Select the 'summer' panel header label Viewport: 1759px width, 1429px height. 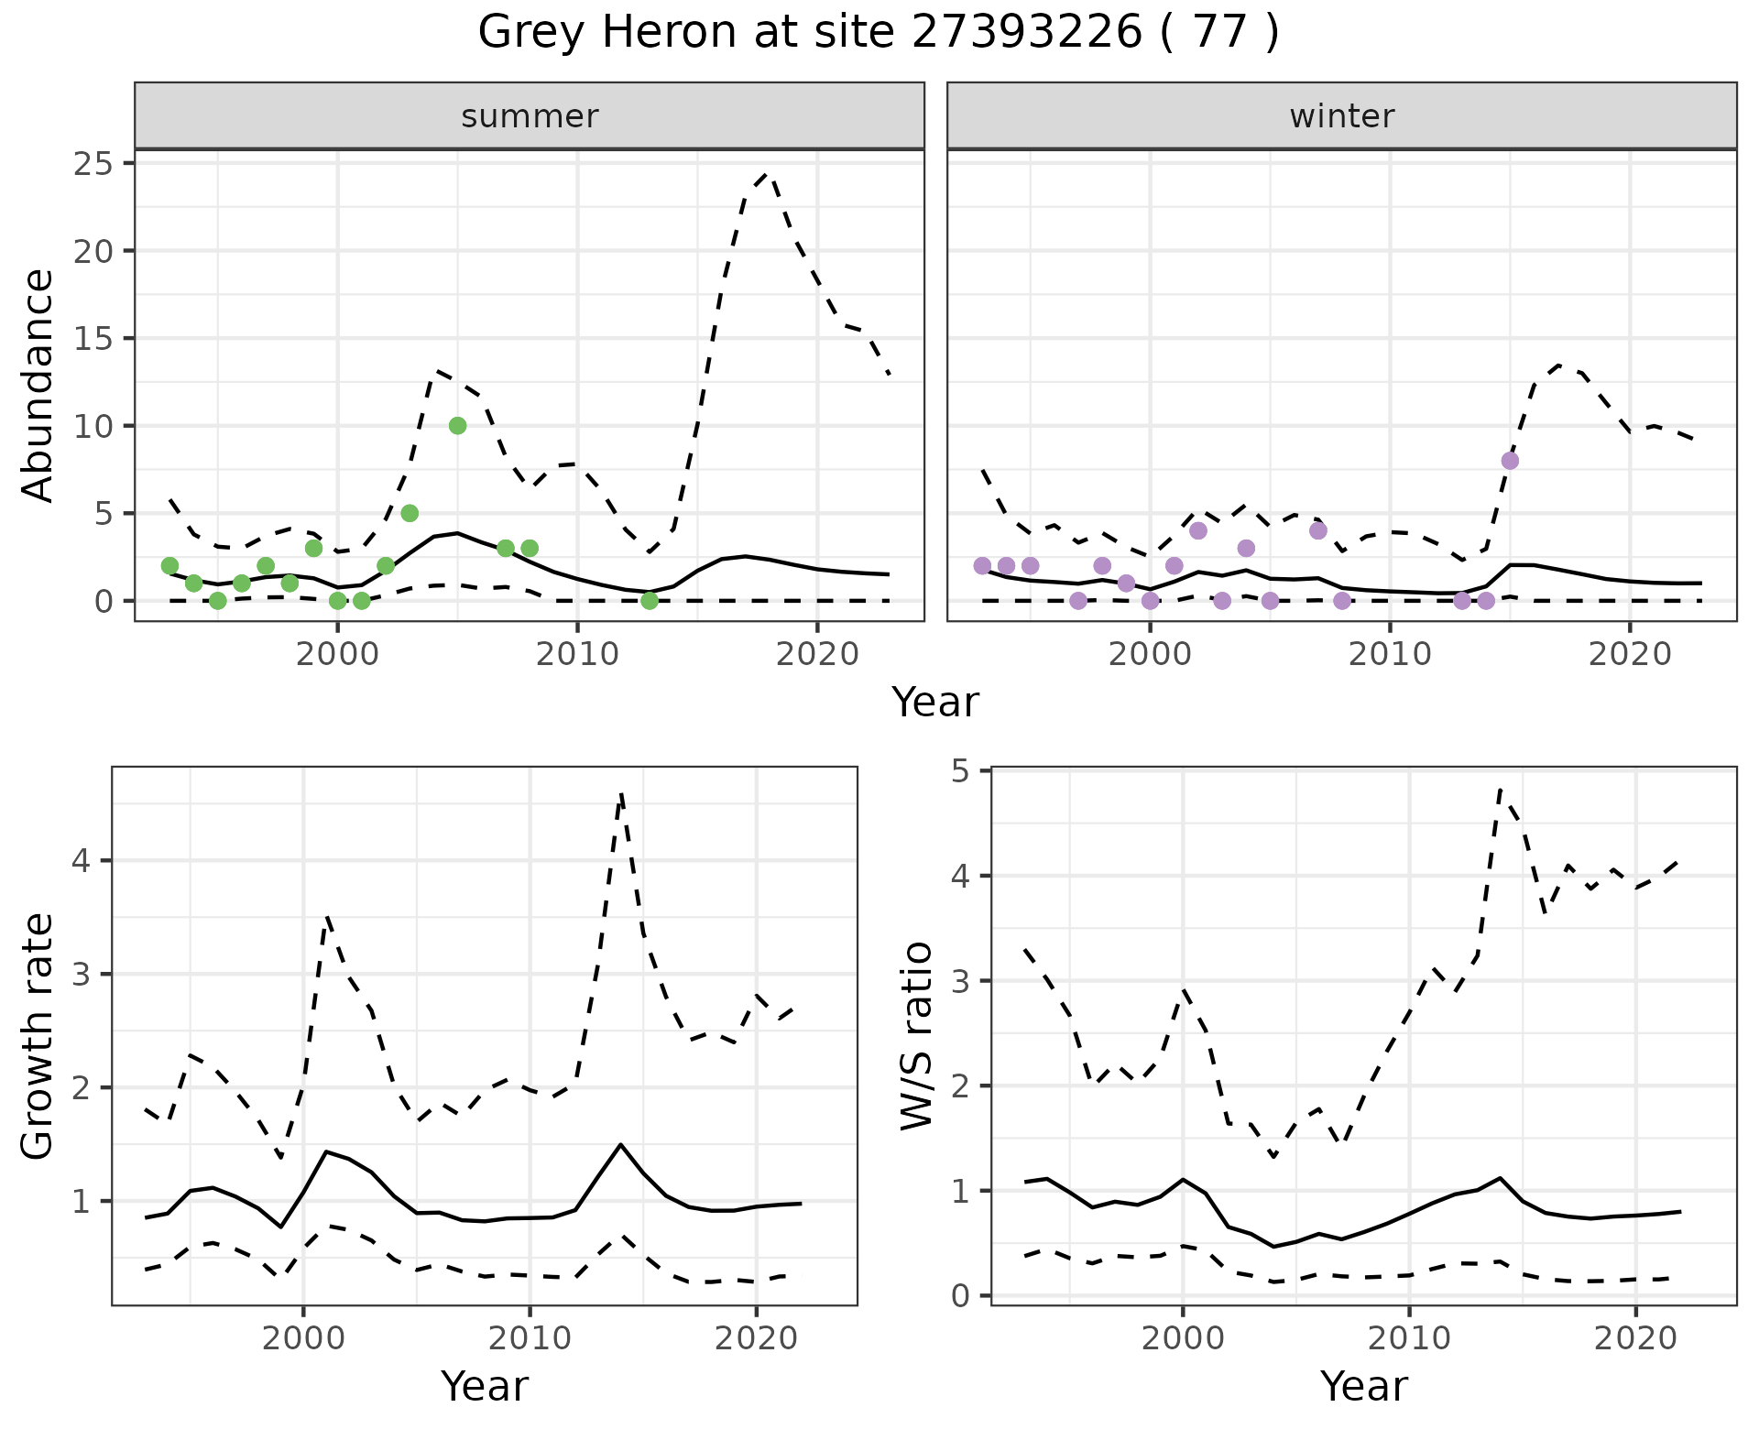530,116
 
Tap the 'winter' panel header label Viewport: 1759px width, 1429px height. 1341,116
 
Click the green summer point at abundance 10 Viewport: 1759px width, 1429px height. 458,426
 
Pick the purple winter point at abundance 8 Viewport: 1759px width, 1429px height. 1510,461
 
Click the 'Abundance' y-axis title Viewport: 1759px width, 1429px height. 38,386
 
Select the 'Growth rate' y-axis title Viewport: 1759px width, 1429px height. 38,1035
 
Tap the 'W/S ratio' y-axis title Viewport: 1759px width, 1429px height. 916,1035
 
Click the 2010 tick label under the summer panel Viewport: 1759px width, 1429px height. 577,654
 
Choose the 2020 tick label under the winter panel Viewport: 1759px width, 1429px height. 1629,654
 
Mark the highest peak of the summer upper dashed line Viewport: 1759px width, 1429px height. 767,172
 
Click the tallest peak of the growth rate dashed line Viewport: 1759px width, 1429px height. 621,794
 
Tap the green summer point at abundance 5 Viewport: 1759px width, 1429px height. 410,513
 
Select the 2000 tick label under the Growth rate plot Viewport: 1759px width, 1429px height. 303,1338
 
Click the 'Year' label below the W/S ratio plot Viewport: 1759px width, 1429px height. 1363,1387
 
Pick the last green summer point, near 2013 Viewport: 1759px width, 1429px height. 650,601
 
